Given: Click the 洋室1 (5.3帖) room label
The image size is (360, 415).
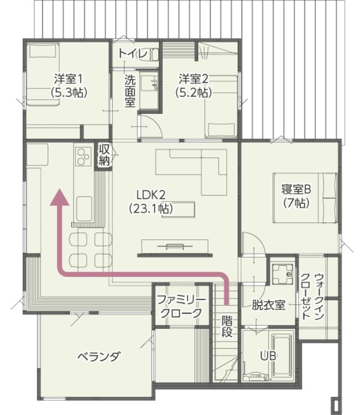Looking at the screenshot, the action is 69,85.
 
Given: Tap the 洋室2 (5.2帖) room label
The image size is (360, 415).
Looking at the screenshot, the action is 193,85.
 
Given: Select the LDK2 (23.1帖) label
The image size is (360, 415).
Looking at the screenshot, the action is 151,202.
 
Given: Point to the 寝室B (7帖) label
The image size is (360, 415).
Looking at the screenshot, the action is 296,196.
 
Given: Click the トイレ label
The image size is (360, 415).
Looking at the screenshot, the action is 133,53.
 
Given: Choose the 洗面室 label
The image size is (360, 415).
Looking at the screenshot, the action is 130,91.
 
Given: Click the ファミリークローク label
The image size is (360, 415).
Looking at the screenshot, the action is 181,307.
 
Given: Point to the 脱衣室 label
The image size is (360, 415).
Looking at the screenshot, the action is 268,305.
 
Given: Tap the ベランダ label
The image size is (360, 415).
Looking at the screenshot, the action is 98,356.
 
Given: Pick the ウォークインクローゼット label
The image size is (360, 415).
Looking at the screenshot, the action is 313,296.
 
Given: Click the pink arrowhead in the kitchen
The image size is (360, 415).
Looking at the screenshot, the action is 60,197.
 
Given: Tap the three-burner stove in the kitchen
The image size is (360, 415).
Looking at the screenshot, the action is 82,156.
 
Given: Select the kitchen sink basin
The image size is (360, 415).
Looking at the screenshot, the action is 84,209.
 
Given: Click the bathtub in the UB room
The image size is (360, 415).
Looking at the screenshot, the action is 282,355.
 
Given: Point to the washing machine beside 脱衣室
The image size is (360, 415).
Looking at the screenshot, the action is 282,274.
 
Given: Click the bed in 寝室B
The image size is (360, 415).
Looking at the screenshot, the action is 304,198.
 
